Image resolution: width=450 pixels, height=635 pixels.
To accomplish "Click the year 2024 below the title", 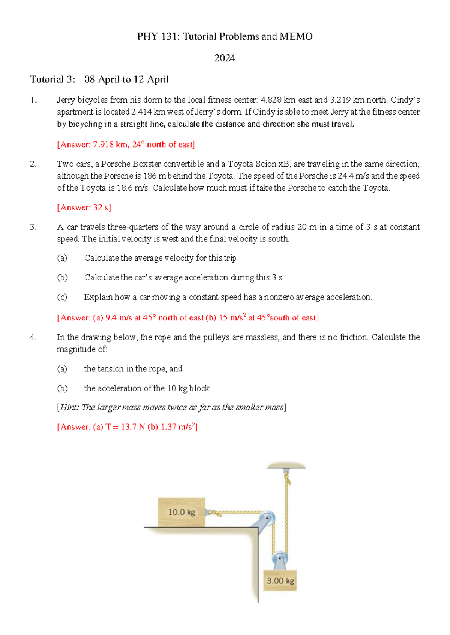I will coord(225,58).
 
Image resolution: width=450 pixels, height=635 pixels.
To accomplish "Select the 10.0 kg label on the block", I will coord(181,512).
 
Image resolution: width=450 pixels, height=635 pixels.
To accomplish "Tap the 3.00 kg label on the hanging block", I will coord(280,581).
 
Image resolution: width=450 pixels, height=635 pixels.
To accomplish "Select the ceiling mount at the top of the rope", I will coord(286,465).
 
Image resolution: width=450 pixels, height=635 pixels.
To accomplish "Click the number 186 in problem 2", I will coord(150,176).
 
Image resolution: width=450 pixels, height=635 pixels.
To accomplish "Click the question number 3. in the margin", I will coord(33,227).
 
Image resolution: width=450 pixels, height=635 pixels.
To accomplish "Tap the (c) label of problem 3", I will coord(62,297).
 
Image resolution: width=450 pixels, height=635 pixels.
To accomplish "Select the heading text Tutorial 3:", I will coord(52,79).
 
